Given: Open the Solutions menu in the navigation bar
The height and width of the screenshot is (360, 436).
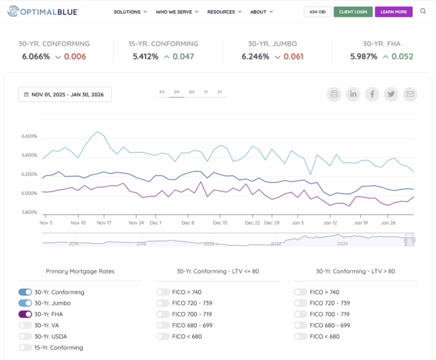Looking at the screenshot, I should (130, 12).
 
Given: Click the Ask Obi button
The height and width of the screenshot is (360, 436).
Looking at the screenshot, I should (317, 12).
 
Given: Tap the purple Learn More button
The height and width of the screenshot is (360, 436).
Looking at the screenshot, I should (393, 12).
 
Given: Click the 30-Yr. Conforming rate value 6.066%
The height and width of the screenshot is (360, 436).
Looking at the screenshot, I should (36, 57).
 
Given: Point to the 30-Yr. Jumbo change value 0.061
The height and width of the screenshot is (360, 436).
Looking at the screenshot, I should (294, 57).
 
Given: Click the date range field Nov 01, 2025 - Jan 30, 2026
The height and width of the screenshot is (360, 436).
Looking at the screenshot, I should (65, 94).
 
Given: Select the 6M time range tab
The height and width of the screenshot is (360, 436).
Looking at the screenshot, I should (191, 91).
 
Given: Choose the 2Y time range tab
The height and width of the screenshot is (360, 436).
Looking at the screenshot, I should (219, 91).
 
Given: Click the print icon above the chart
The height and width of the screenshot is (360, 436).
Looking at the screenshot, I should (334, 94).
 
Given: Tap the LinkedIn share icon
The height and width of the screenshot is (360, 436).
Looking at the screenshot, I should (353, 94).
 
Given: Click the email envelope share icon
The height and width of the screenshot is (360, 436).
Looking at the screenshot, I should (409, 94).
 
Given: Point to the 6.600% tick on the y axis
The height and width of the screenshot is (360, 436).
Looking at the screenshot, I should (29, 136).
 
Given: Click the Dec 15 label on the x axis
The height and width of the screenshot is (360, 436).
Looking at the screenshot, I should (220, 222).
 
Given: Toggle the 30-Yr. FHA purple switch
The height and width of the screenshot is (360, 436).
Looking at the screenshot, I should (25, 314).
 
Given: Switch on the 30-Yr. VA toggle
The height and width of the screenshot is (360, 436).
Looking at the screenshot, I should (25, 325).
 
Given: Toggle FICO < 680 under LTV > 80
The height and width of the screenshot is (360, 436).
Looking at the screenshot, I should (300, 336).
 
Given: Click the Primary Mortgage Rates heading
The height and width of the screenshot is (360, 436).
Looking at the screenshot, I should (80, 271).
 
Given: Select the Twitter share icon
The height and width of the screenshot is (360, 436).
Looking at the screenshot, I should (390, 94).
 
